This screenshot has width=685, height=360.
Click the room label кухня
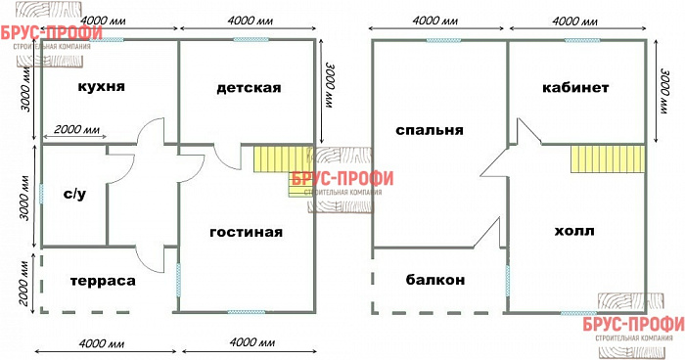pyautogui.click(x=101, y=87)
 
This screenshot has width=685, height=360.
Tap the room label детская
pyautogui.click(x=249, y=88)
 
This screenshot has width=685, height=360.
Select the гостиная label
pyautogui.click(x=246, y=232)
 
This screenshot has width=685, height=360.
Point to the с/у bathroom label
pyautogui.click(x=73, y=194)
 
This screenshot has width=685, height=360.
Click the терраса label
pyautogui.click(x=103, y=280)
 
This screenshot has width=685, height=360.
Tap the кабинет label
pyautogui.click(x=575, y=88)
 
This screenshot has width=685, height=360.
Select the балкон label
pyautogui.click(x=434, y=280)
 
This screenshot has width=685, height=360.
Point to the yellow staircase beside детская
pyautogui.click(x=279, y=159)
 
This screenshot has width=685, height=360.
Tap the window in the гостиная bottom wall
pyautogui.click(x=245, y=312)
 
